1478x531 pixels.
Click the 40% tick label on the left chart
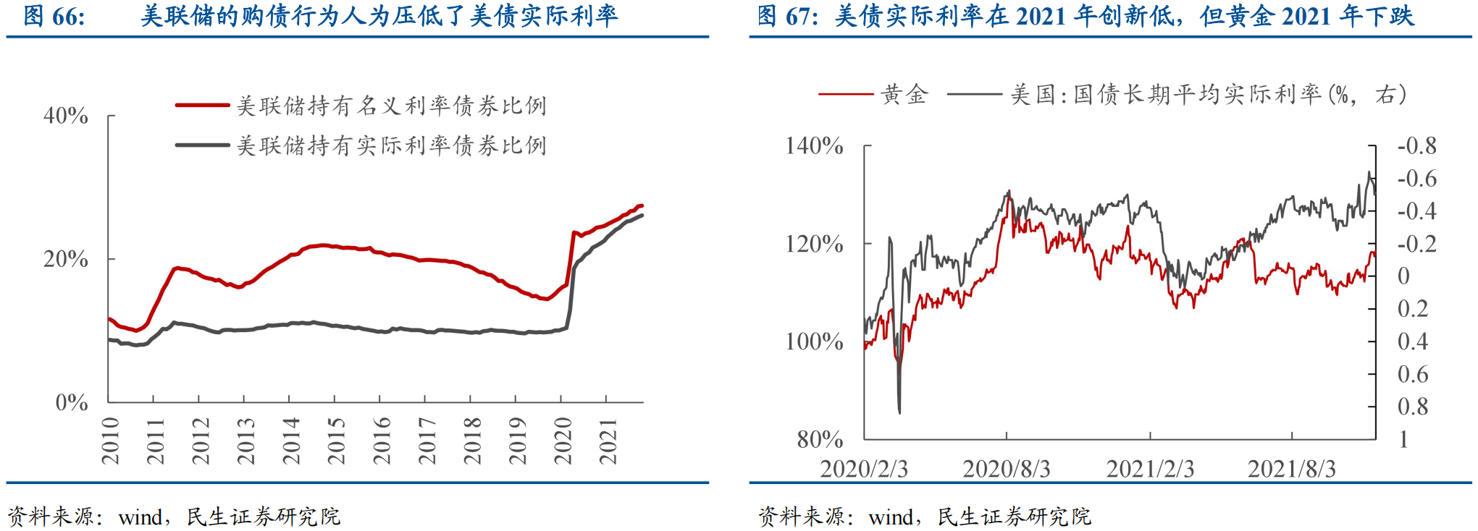click(66, 116)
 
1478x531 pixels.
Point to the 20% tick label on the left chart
click(66, 259)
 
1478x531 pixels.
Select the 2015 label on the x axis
click(336, 441)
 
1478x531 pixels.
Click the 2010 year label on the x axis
click(110, 441)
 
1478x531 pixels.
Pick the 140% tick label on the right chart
click(814, 146)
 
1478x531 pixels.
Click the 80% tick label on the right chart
click(820, 439)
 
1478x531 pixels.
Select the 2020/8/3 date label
click(1006, 469)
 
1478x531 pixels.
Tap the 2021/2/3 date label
click(1150, 469)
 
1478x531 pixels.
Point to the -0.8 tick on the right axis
click(1416, 146)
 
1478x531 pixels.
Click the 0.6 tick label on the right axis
click(1413, 374)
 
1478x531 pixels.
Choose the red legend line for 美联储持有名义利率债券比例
click(203, 106)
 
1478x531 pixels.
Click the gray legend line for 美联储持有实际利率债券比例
click(203, 145)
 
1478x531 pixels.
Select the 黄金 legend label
click(904, 94)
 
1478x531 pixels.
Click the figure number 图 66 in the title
click(54, 16)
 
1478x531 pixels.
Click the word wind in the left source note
click(140, 517)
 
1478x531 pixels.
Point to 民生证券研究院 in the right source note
click(1014, 517)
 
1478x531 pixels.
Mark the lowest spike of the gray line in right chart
click(899, 412)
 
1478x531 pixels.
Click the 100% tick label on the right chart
click(814, 341)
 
